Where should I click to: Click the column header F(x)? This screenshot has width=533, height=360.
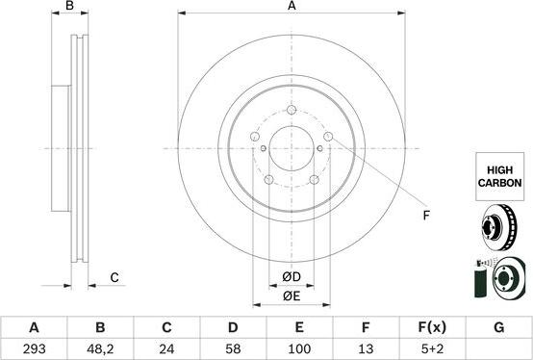point(431,327)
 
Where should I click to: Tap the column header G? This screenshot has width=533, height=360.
point(497,327)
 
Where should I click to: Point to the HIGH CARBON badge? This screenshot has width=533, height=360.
point(498,174)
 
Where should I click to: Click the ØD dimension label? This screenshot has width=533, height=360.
point(292,277)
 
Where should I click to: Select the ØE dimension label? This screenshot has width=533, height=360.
point(292,296)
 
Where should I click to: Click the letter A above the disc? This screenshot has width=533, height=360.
point(292,7)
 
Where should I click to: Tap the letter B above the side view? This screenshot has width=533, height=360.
point(68,7)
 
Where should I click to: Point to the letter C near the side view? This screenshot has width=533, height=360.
point(114,278)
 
